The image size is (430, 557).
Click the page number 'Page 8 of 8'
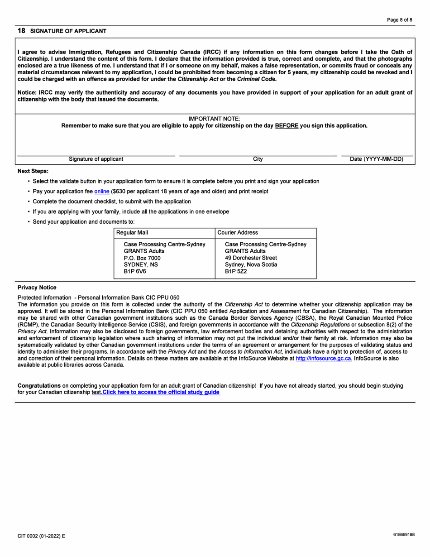[399, 20]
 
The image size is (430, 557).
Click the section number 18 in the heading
[21, 31]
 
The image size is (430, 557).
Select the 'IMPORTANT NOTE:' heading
[214, 119]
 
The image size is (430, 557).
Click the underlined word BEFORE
[287, 125]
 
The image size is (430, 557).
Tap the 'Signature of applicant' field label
[96, 159]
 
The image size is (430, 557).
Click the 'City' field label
[258, 159]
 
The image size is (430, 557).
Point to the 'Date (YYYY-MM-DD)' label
[377, 159]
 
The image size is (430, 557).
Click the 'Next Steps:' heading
[33, 171]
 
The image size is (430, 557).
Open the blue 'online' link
[102, 192]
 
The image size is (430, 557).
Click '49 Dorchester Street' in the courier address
[251, 258]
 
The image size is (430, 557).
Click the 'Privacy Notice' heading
[37, 288]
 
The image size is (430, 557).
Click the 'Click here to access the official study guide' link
[161, 392]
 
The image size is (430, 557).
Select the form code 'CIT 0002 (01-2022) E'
[41, 536]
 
